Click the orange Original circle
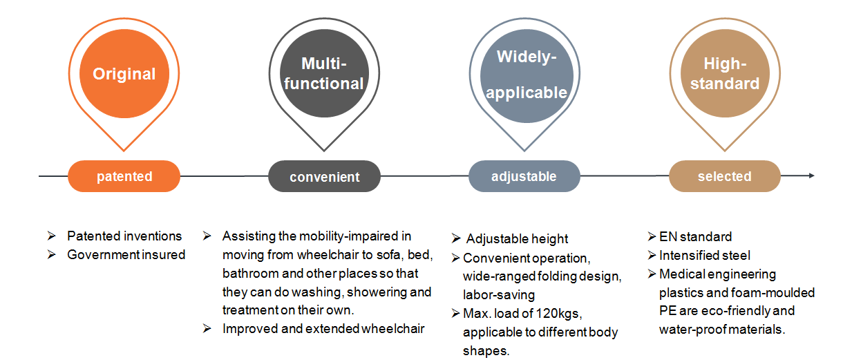point(124,75)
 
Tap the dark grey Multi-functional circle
point(323,75)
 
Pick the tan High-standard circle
point(725,75)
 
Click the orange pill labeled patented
point(124,176)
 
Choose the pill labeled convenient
point(324,177)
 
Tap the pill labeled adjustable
point(524,176)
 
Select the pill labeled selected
point(724,176)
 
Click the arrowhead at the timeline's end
point(811,176)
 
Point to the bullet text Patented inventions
point(124,236)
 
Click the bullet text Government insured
point(126,255)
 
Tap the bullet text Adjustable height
point(517,239)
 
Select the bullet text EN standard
point(695,237)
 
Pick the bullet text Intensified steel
point(705,256)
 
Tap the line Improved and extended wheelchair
point(323,329)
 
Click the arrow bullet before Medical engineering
point(652,274)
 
